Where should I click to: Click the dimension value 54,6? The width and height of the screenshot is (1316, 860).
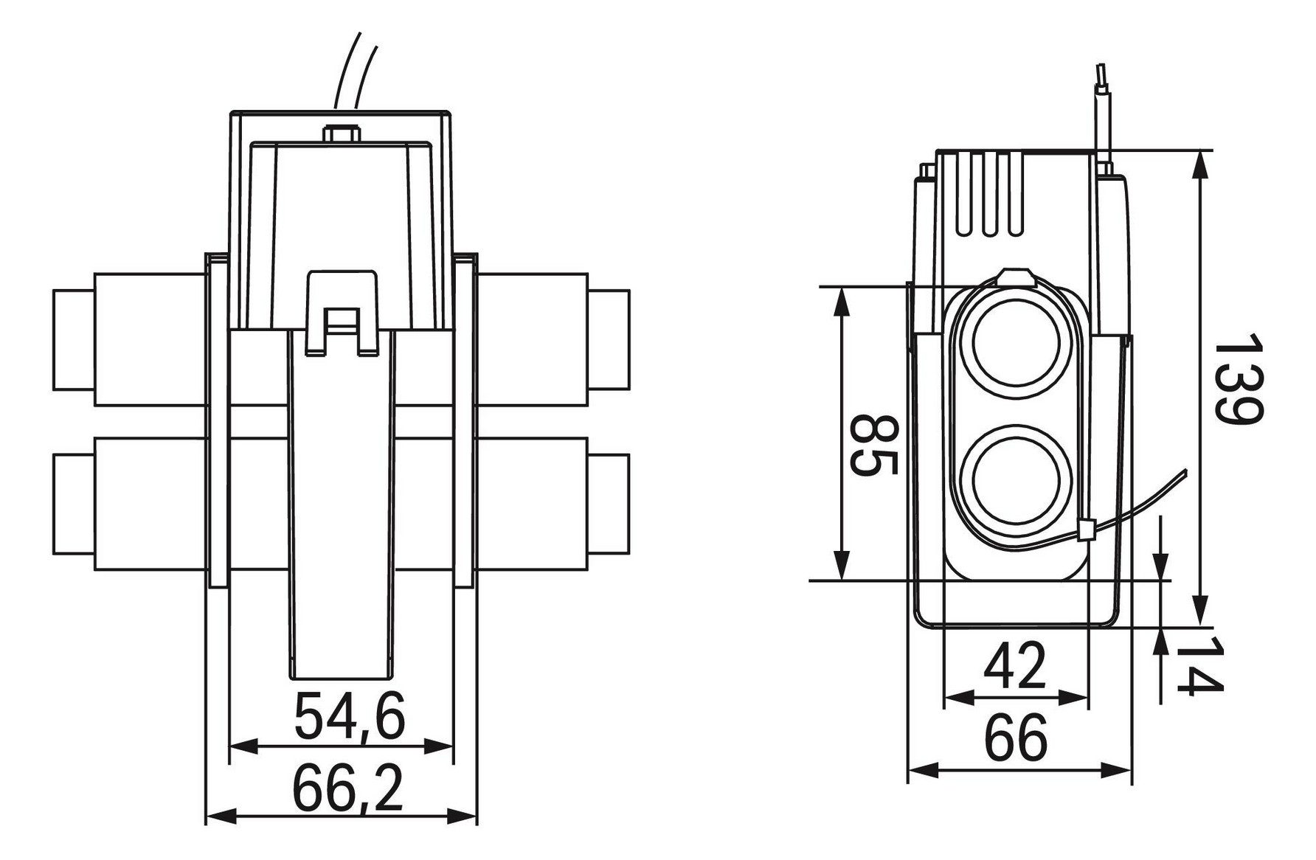350,717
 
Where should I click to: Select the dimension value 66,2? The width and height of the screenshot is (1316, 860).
350,787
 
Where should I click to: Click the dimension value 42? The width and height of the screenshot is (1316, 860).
1016,666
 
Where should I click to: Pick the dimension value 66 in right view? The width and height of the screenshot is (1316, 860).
1016,738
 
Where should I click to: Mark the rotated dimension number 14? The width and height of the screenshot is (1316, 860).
1199,667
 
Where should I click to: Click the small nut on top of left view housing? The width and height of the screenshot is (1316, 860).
341,135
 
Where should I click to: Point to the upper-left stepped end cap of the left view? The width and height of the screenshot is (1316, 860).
73,339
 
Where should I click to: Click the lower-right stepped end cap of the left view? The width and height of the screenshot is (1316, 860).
609,505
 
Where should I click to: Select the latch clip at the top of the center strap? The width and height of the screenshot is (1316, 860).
342,313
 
